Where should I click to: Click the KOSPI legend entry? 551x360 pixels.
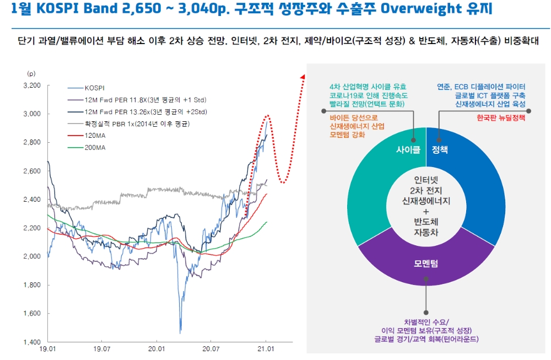pyautogui.click(x=95, y=88)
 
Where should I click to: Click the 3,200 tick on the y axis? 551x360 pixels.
pyautogui.click(x=32, y=86)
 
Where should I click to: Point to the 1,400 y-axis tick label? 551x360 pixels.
pyautogui.click(x=32, y=342)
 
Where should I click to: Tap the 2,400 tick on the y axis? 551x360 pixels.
pyautogui.click(x=32, y=200)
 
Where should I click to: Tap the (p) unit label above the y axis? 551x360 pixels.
pyautogui.click(x=31, y=73)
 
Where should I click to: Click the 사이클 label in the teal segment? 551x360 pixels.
pyautogui.click(x=408, y=149)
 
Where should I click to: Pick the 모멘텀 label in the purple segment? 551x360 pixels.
pyautogui.click(x=425, y=264)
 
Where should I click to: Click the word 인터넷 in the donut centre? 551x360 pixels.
pyautogui.click(x=425, y=180)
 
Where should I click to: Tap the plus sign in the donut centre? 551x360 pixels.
pyautogui.click(x=425, y=212)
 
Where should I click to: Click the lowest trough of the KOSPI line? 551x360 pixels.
pyautogui.click(x=180, y=332)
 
